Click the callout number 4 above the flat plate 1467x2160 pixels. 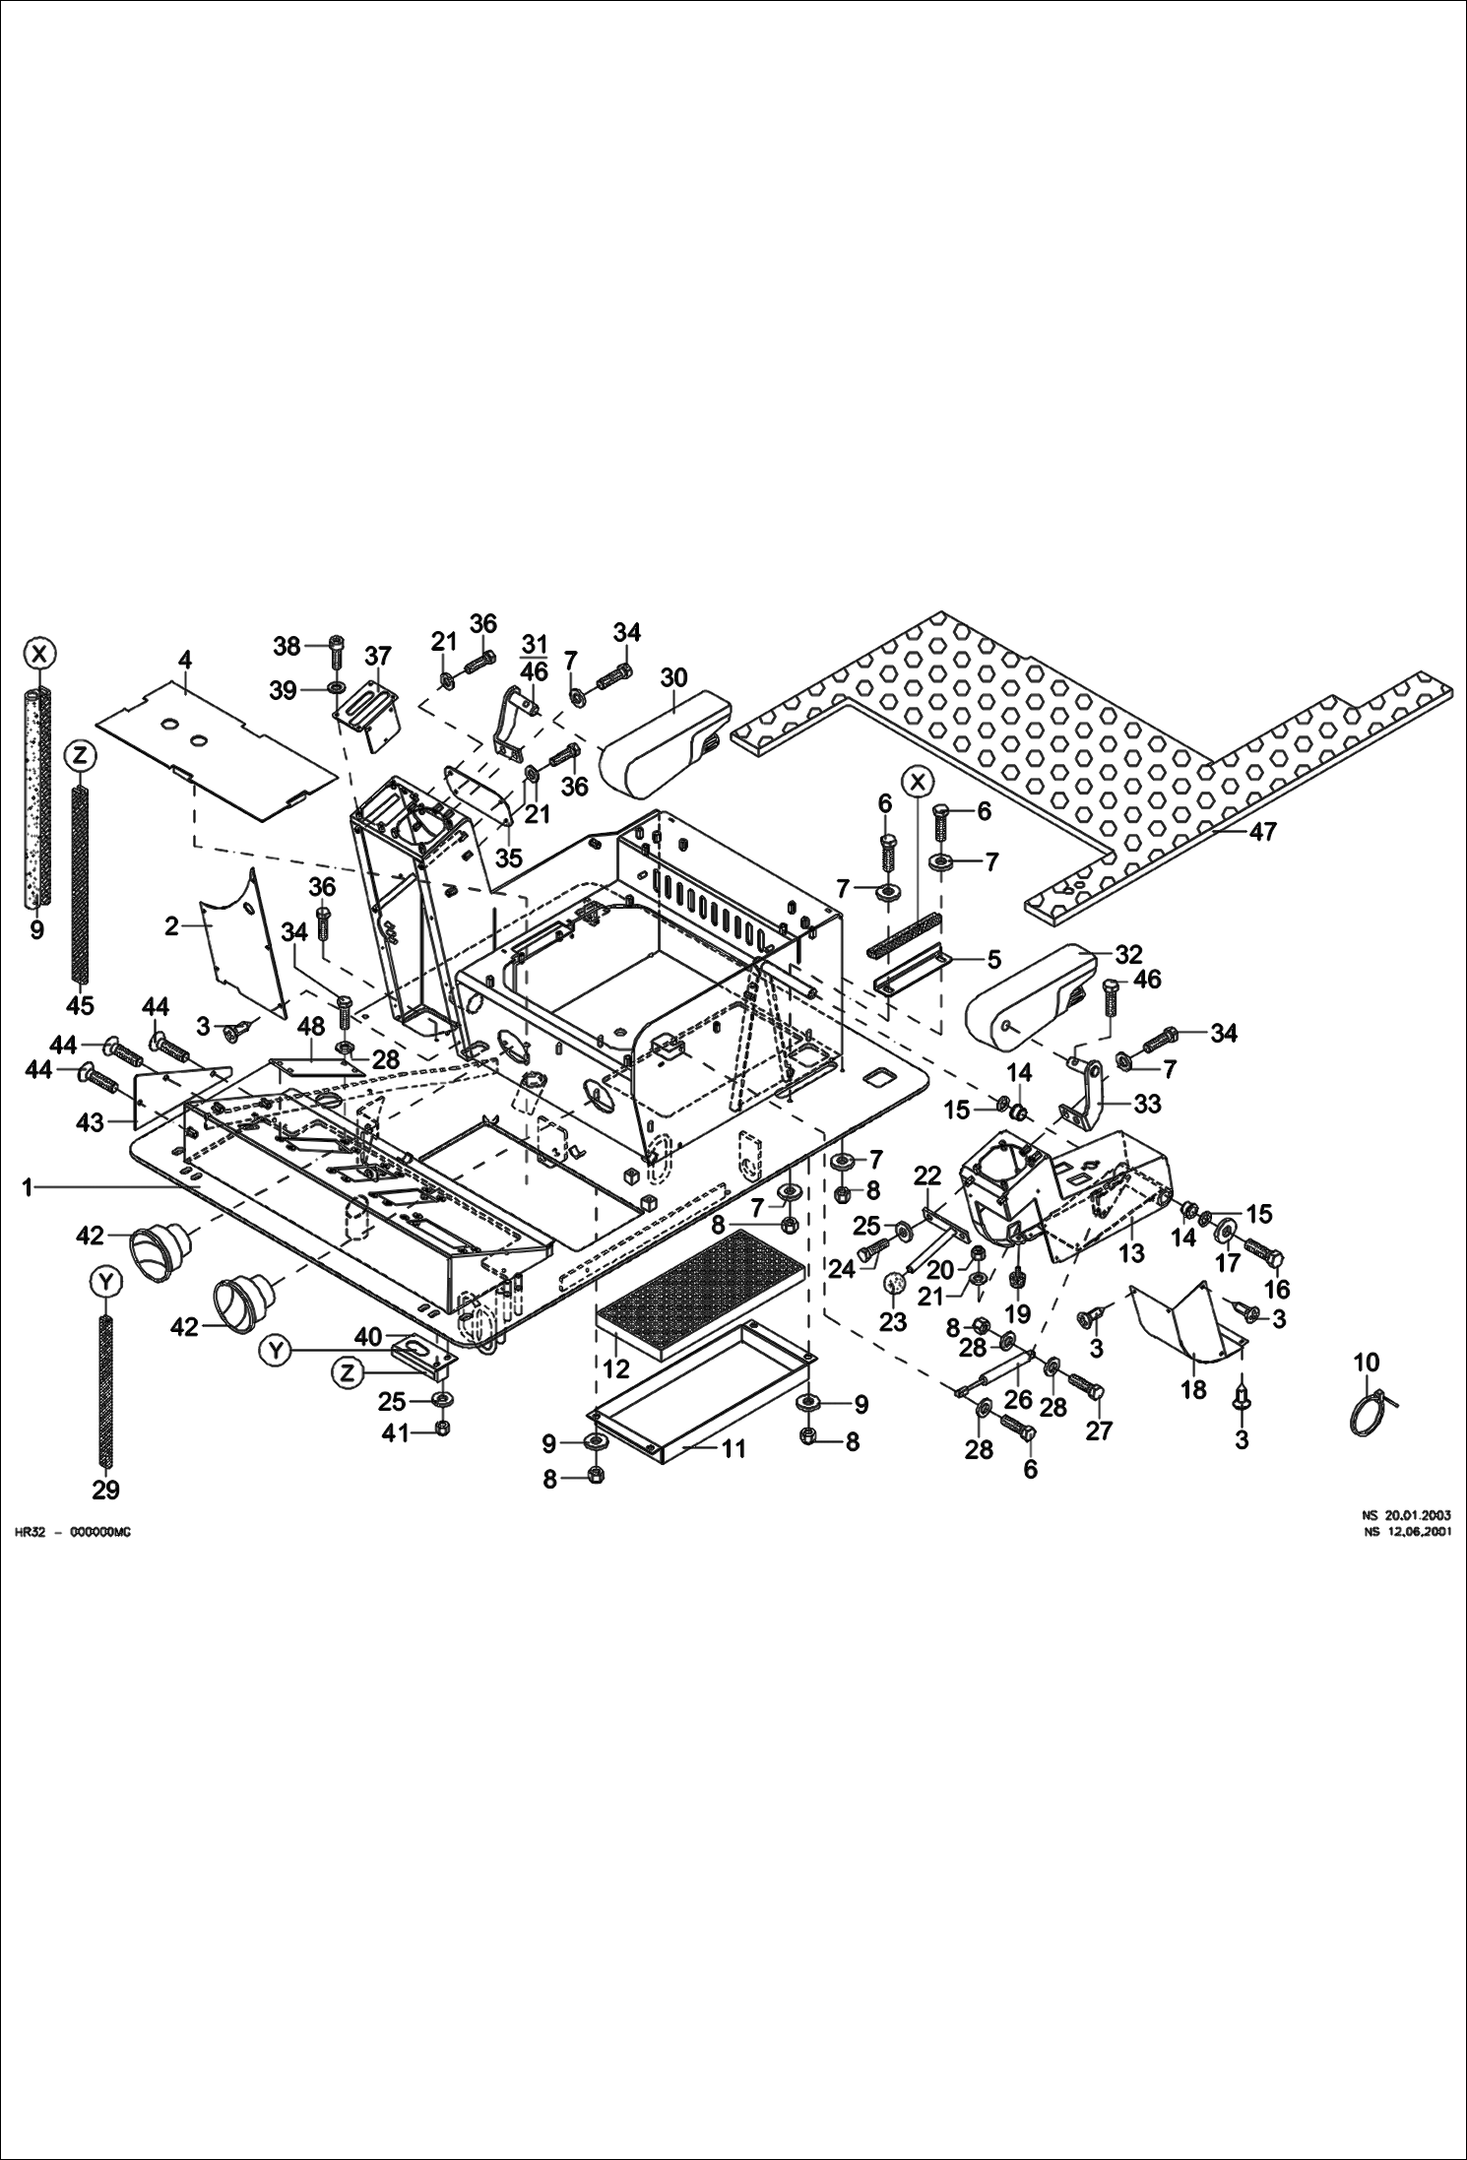(184, 660)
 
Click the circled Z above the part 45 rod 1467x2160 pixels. (80, 756)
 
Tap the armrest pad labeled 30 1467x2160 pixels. (666, 744)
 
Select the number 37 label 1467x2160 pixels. (378, 656)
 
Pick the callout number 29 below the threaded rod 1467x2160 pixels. (105, 1491)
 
